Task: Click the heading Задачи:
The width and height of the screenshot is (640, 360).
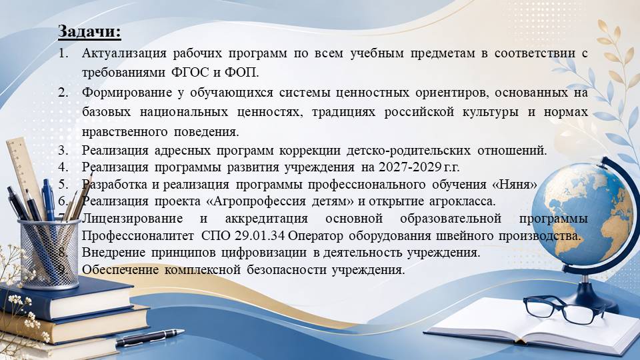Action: tap(89, 31)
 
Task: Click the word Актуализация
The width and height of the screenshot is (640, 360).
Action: tap(124, 53)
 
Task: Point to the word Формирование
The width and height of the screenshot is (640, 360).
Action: tap(127, 93)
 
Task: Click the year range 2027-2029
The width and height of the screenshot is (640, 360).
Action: tap(410, 167)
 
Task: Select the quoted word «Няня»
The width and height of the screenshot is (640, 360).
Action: tap(515, 185)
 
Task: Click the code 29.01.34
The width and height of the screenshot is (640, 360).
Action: tap(259, 236)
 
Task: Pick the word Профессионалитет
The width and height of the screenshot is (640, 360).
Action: tap(138, 236)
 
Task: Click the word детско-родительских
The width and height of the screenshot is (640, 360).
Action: tap(409, 151)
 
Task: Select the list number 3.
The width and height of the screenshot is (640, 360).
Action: tap(63, 150)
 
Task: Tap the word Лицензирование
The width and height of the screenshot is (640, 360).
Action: tap(132, 219)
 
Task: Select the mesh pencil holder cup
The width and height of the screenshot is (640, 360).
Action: tap(49, 254)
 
